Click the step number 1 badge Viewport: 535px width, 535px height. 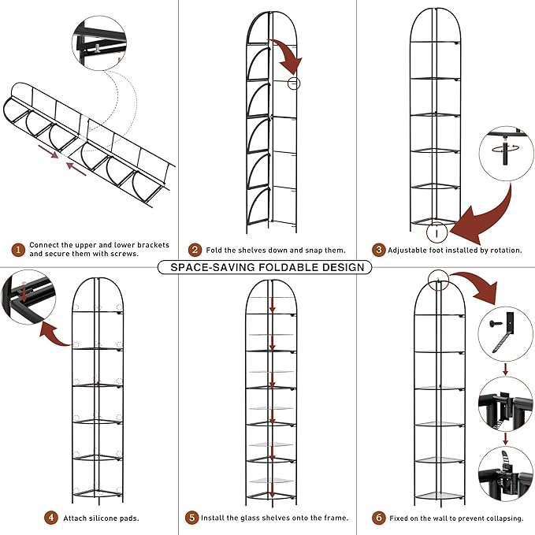17,250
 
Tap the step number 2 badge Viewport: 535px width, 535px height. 195,250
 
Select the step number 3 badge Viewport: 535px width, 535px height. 379,250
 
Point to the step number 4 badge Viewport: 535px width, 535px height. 51,518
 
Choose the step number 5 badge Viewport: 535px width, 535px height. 192,518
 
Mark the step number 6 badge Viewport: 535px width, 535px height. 379,518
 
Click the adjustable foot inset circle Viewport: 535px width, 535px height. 505,152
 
